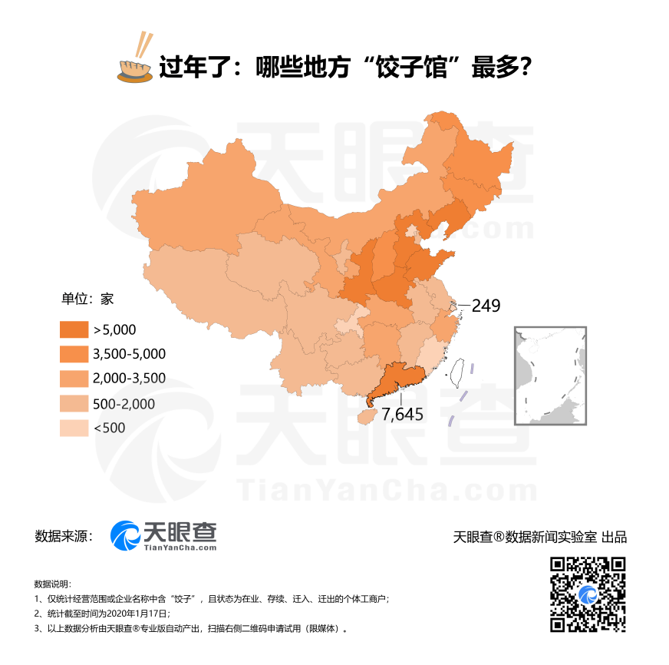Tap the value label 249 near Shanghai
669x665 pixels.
(x=486, y=306)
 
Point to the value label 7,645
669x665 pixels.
(x=403, y=414)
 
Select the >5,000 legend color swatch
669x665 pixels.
(x=73, y=329)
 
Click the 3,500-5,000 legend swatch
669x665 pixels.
(x=73, y=354)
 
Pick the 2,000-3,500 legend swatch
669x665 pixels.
(x=73, y=379)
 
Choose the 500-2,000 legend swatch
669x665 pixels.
(x=73, y=404)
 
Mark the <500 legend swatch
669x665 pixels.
(x=73, y=428)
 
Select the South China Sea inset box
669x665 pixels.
(x=549, y=376)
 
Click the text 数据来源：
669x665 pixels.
(x=64, y=536)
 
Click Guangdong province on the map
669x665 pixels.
(x=399, y=380)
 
